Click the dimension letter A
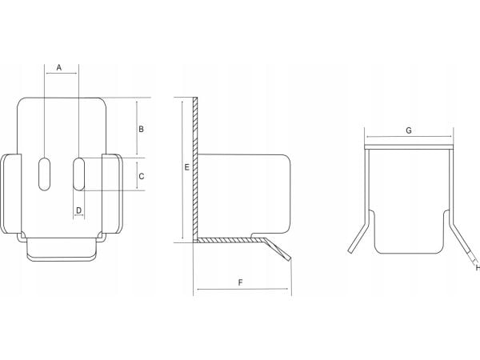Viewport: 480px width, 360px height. coord(59,67)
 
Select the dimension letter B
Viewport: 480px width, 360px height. coord(141,129)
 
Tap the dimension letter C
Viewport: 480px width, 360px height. coord(141,176)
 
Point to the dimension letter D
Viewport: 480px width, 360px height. coord(78,210)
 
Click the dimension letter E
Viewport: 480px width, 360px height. coord(187,167)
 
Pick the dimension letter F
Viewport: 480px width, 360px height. coord(240,282)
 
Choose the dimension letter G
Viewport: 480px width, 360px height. coord(409,130)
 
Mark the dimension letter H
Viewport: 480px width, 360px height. coord(478,268)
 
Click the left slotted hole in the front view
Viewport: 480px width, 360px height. coord(44,174)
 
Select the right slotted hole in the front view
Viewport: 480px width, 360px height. coord(79,174)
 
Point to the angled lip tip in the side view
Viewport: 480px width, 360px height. coord(289,259)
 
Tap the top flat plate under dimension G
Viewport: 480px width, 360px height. coord(409,147)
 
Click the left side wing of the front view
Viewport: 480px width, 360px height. coord(11,194)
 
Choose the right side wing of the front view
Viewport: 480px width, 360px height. coord(112,194)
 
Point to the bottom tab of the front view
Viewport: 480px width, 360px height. coord(62,250)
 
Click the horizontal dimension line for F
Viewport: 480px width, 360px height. coord(242,289)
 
